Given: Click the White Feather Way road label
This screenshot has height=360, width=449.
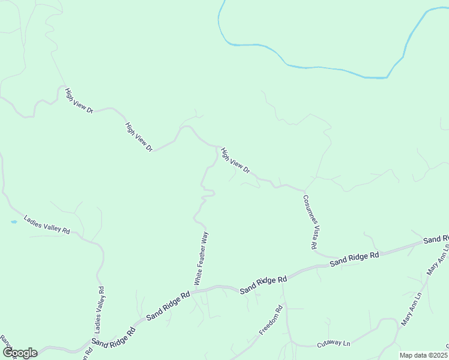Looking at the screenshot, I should pyautogui.click(x=200, y=257).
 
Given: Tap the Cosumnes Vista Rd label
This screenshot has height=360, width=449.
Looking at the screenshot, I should pyautogui.click(x=310, y=222).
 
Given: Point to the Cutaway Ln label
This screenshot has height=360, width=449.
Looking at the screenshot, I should pyautogui.click(x=333, y=344).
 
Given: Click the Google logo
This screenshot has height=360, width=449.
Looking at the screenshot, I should pyautogui.click(x=20, y=353).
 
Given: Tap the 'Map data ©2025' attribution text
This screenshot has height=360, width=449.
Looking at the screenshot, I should pyautogui.click(x=423, y=355).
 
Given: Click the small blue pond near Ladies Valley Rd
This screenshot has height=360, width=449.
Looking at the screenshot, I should pyautogui.click(x=13, y=222).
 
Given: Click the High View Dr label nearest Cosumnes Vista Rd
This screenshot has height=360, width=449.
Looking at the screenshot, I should pyautogui.click(x=235, y=161).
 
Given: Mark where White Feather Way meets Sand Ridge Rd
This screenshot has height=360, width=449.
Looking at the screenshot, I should pyautogui.click(x=195, y=290).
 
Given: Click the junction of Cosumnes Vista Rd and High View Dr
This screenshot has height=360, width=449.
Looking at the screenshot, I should pyautogui.click(x=305, y=191).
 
